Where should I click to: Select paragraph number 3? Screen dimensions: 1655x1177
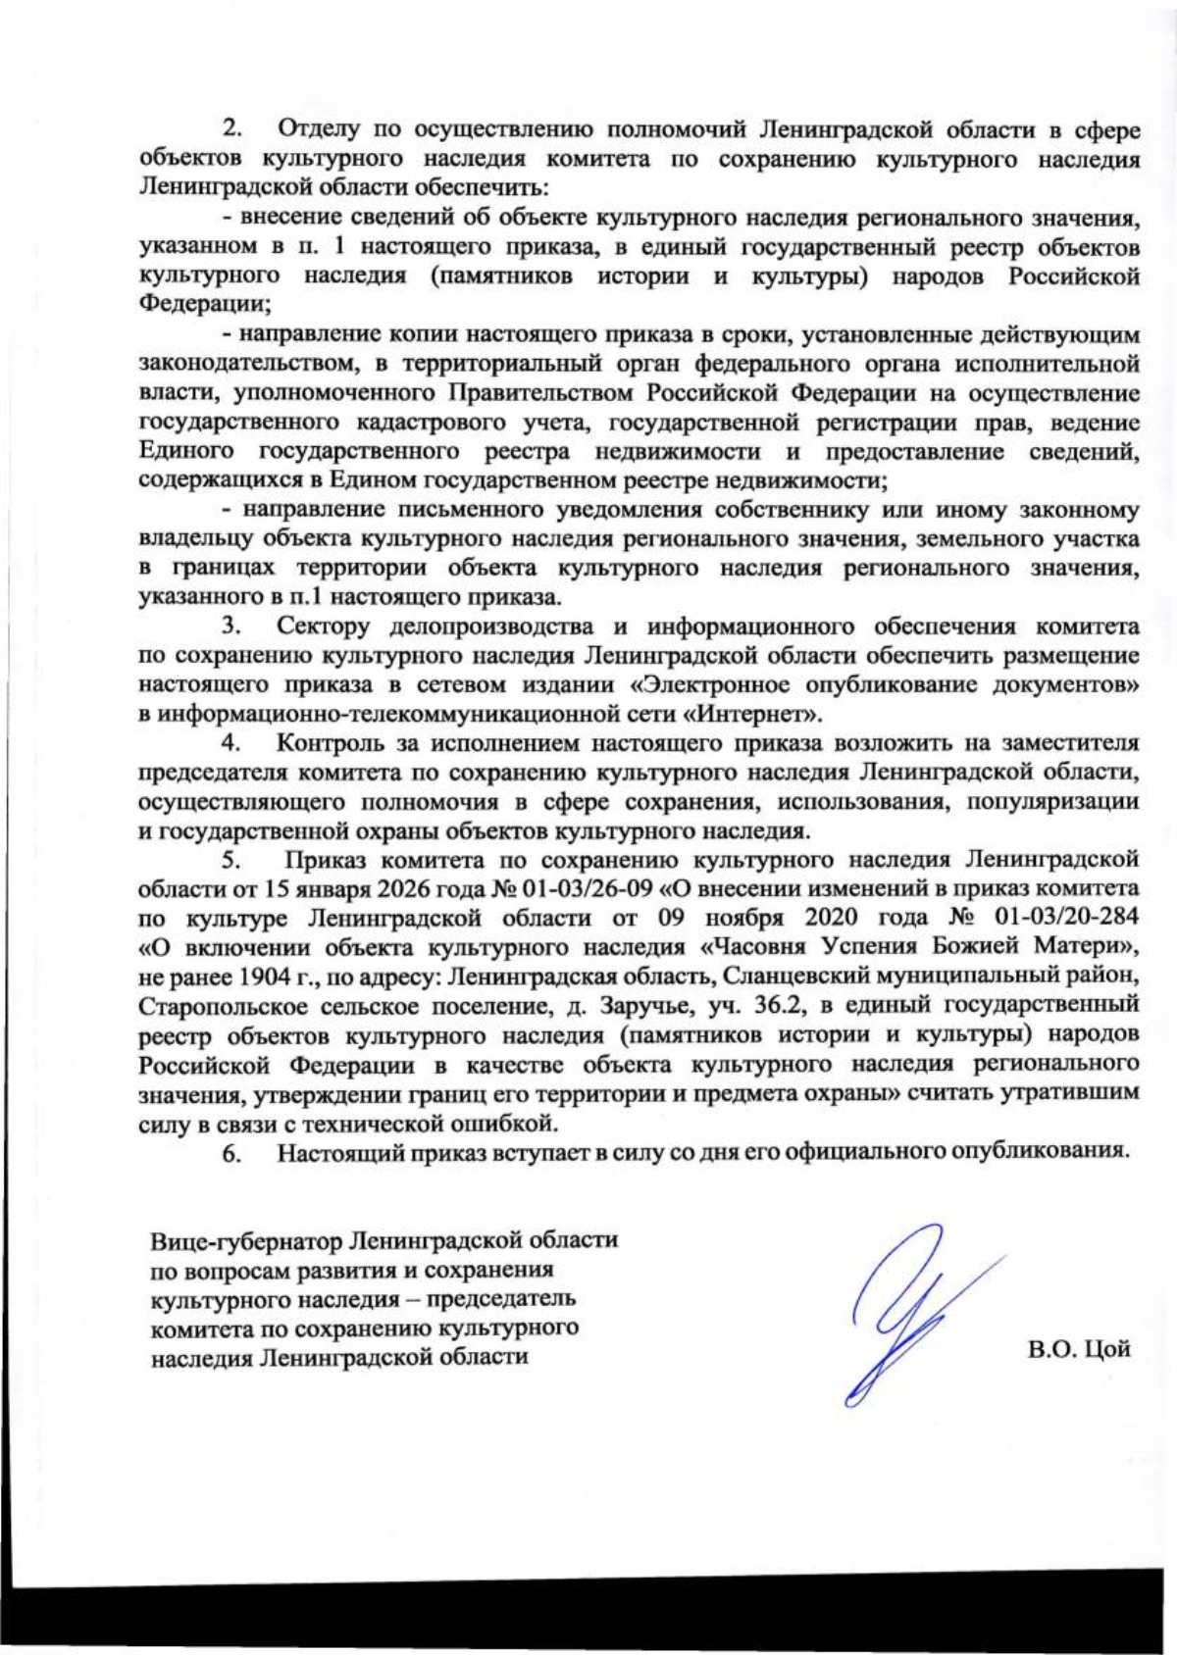(x=232, y=626)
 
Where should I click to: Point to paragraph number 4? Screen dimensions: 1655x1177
(x=232, y=742)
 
